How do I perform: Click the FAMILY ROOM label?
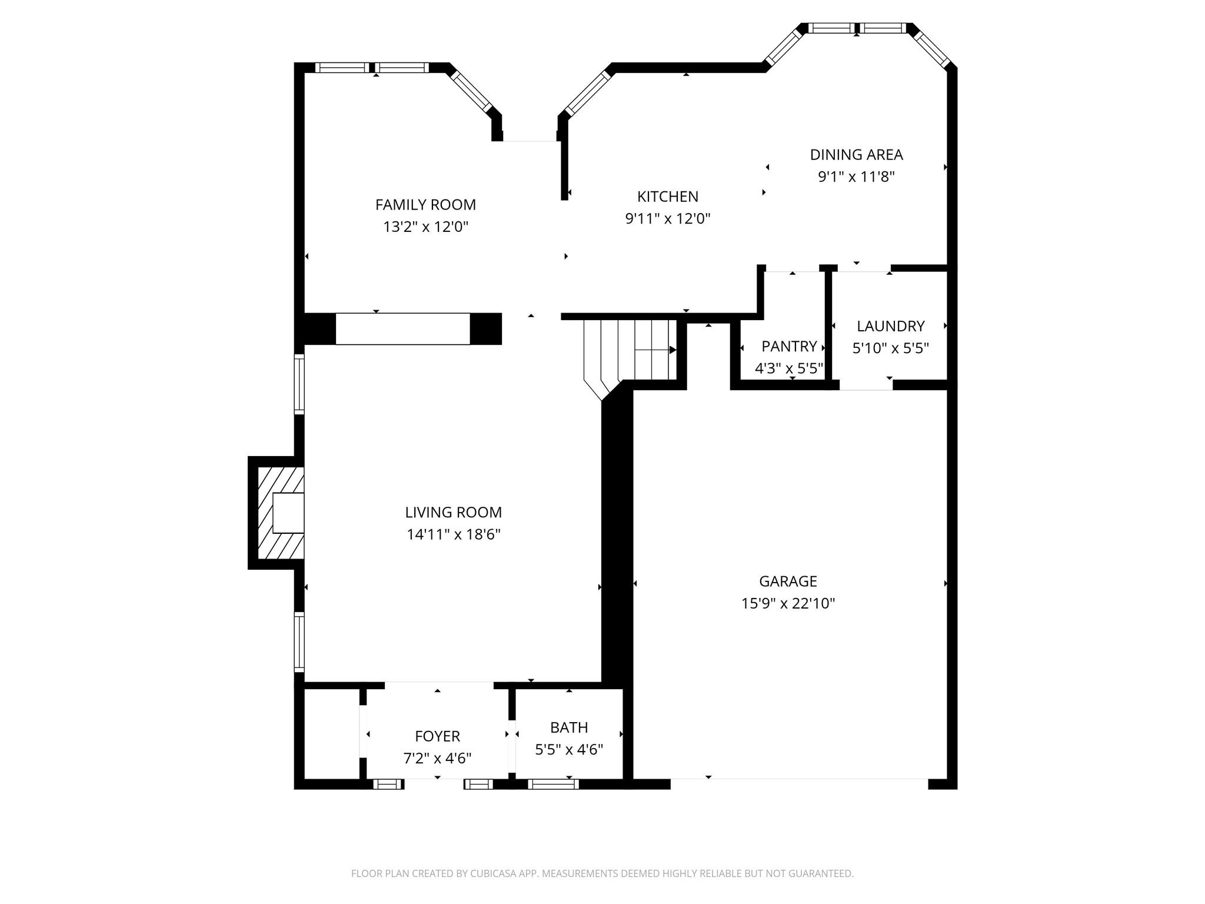[425, 205]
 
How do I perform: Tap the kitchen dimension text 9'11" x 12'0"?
[667, 219]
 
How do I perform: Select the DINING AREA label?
[856, 155]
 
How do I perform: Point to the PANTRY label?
[788, 346]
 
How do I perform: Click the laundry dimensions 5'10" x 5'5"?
[890, 348]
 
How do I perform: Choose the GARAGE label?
[788, 581]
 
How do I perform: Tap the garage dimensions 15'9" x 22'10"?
[788, 603]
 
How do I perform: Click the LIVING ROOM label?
[453, 513]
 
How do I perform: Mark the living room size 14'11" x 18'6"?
[453, 534]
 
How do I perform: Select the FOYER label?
[437, 736]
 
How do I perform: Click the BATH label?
[568, 727]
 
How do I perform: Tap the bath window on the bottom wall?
[552, 784]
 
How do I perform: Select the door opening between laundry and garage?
[866, 385]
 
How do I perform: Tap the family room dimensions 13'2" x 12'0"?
[425, 227]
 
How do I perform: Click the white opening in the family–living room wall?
[402, 329]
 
